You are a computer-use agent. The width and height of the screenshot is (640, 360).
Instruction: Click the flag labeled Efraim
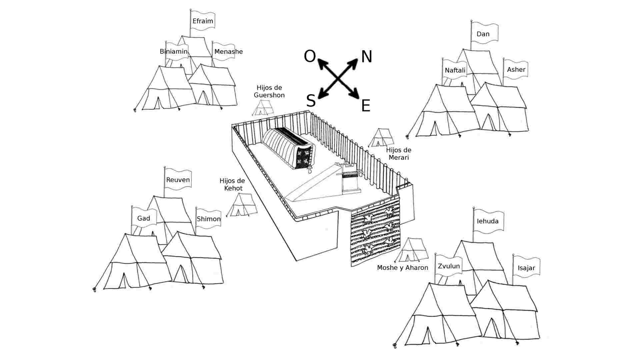203,21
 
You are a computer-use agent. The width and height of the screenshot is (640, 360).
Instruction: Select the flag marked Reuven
178,180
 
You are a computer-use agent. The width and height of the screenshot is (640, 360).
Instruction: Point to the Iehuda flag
488,221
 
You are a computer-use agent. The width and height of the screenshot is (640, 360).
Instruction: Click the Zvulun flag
449,266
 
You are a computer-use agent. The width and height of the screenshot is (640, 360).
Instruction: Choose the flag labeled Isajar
526,268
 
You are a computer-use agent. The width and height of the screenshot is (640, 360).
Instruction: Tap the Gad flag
144,218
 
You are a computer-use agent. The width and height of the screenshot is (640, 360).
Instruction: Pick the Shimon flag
209,219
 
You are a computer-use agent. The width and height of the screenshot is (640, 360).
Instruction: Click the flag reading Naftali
455,70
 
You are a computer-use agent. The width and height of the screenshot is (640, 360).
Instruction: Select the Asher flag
516,70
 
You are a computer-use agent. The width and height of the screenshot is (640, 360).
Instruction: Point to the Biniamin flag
174,52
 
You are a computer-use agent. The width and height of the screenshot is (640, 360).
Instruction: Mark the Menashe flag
228,52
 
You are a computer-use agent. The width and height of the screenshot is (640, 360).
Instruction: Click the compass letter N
367,57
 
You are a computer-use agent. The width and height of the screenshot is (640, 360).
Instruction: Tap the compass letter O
310,57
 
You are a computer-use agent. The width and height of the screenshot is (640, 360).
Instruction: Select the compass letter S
311,101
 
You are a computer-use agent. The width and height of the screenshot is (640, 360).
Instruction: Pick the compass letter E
366,106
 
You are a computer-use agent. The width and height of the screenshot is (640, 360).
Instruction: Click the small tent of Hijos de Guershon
263,108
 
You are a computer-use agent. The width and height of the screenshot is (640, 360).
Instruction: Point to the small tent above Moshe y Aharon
411,250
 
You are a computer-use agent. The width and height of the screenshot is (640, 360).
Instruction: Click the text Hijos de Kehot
232,184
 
